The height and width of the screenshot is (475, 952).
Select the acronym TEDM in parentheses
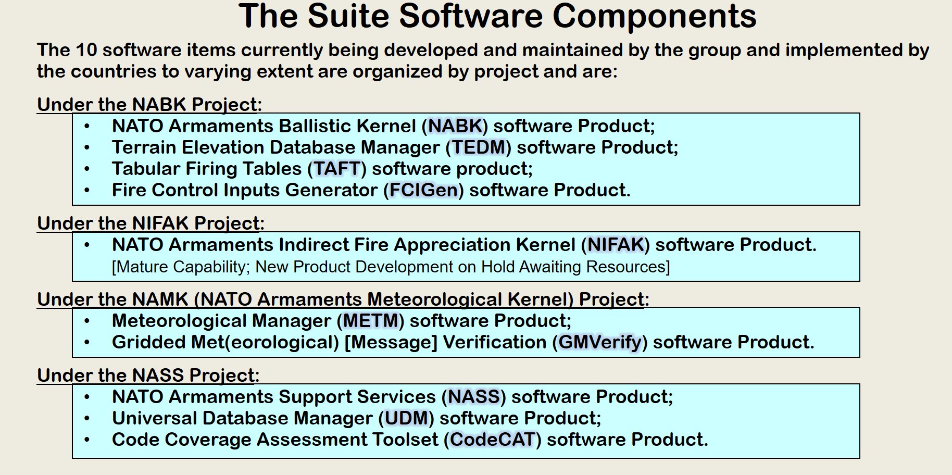479,147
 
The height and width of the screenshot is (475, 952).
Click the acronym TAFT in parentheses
337,169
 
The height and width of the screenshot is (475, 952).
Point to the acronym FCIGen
424,190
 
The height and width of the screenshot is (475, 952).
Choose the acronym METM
371,321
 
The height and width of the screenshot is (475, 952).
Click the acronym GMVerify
600,342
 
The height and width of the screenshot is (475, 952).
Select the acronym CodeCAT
493,440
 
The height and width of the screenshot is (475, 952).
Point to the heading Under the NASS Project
148,375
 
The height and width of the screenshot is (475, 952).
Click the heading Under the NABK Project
149,104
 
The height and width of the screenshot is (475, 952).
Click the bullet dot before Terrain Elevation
87,148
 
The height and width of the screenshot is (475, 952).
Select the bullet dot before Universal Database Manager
87,419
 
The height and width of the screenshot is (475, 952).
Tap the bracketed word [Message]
391,342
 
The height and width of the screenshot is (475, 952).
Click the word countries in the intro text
111,71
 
